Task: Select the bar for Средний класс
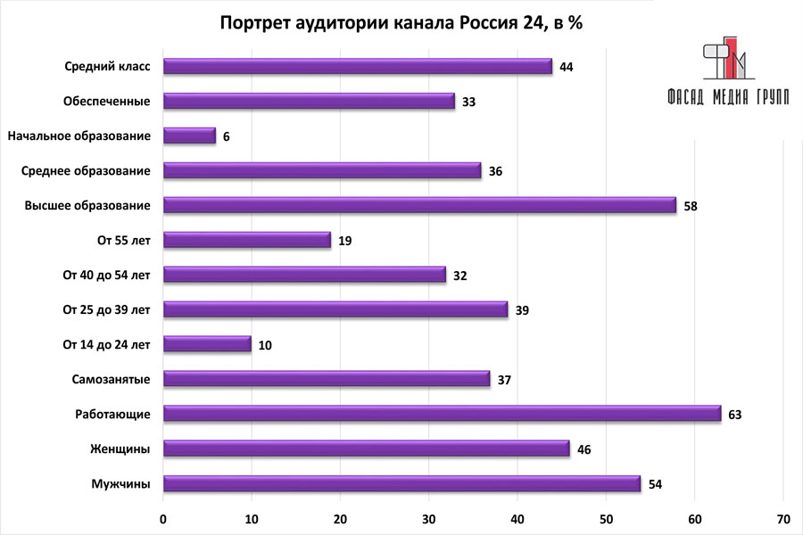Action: click(357, 67)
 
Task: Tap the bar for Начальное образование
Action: click(189, 136)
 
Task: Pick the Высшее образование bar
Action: click(419, 205)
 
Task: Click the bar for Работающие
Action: click(442, 414)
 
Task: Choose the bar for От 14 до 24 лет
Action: click(207, 344)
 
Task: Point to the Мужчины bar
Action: click(401, 483)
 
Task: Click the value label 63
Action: click(735, 415)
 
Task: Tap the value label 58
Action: click(690, 206)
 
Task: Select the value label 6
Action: click(227, 136)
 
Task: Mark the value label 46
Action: click(584, 449)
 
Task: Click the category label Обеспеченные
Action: click(106, 102)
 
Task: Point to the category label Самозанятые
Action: click(111, 380)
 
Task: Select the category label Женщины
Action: click(120, 449)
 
